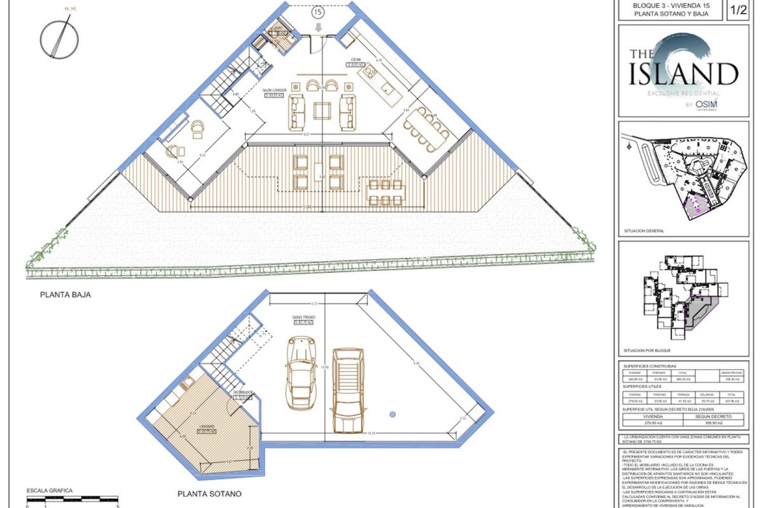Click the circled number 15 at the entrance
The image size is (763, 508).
318,12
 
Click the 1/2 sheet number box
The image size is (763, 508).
738,10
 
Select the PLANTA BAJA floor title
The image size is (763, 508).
65,295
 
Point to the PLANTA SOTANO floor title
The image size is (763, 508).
209,494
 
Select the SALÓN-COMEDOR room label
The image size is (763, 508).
275,90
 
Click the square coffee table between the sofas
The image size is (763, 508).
322,111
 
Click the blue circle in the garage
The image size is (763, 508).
393,414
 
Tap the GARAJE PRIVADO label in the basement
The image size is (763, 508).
304,317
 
